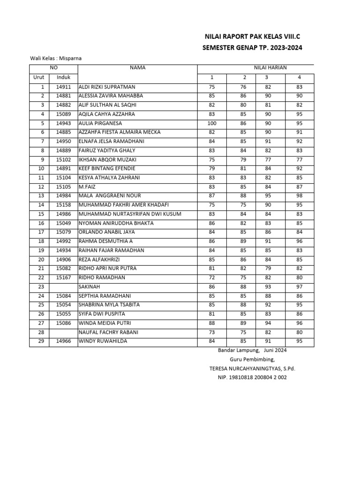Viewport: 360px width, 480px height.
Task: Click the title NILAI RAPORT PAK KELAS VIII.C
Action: pyautogui.click(x=252, y=37)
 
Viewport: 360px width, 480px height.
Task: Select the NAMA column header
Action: pyautogui.click(x=138, y=68)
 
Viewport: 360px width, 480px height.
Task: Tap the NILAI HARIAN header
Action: pyautogui.click(x=270, y=68)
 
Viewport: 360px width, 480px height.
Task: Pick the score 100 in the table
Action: pyautogui.click(x=211, y=123)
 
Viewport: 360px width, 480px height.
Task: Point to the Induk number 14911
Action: pyautogui.click(x=63, y=87)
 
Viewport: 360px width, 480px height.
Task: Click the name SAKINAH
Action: pyautogui.click(x=89, y=287)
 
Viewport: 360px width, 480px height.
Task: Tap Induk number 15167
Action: pyautogui.click(x=63, y=277)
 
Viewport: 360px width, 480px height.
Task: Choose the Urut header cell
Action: pyautogui.click(x=38, y=77)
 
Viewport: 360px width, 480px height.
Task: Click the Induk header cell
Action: pyautogui.click(x=63, y=77)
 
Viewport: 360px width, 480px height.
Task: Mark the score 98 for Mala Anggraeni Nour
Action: pyautogui.click(x=300, y=196)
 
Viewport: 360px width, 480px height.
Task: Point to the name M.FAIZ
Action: pyautogui.click(x=87, y=187)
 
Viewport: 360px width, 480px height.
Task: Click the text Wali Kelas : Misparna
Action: pyautogui.click(x=52, y=59)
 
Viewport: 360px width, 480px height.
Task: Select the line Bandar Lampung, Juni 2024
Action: pyautogui.click(x=253, y=351)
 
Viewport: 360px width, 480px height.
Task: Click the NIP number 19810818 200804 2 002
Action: pyautogui.click(x=252, y=377)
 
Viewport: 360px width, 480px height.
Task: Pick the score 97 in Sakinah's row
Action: pyautogui.click(x=300, y=287)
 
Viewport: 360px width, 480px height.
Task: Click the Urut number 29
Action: pyautogui.click(x=41, y=341)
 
